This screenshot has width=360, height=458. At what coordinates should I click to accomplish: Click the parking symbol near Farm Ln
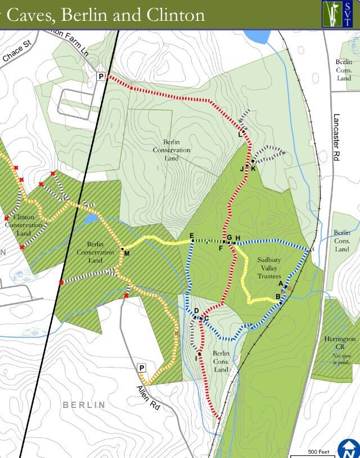(101, 76)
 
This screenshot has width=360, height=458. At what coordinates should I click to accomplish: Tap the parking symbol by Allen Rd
(142, 368)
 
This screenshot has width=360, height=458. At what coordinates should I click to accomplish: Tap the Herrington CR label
(340, 339)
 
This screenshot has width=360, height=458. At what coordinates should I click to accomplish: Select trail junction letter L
(240, 134)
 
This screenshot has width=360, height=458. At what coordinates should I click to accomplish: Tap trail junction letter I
(197, 358)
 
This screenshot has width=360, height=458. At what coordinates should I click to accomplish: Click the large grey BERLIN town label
(84, 405)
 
